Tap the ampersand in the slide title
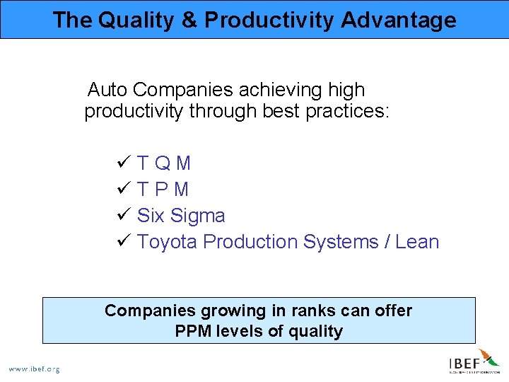coord(189,20)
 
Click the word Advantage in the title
coord(399,20)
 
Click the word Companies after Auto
coord(183,90)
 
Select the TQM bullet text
coord(164,163)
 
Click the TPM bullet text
coord(163,190)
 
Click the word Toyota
coord(167,242)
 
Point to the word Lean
coord(417,242)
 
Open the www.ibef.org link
coord(34,369)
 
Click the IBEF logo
coord(474,362)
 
